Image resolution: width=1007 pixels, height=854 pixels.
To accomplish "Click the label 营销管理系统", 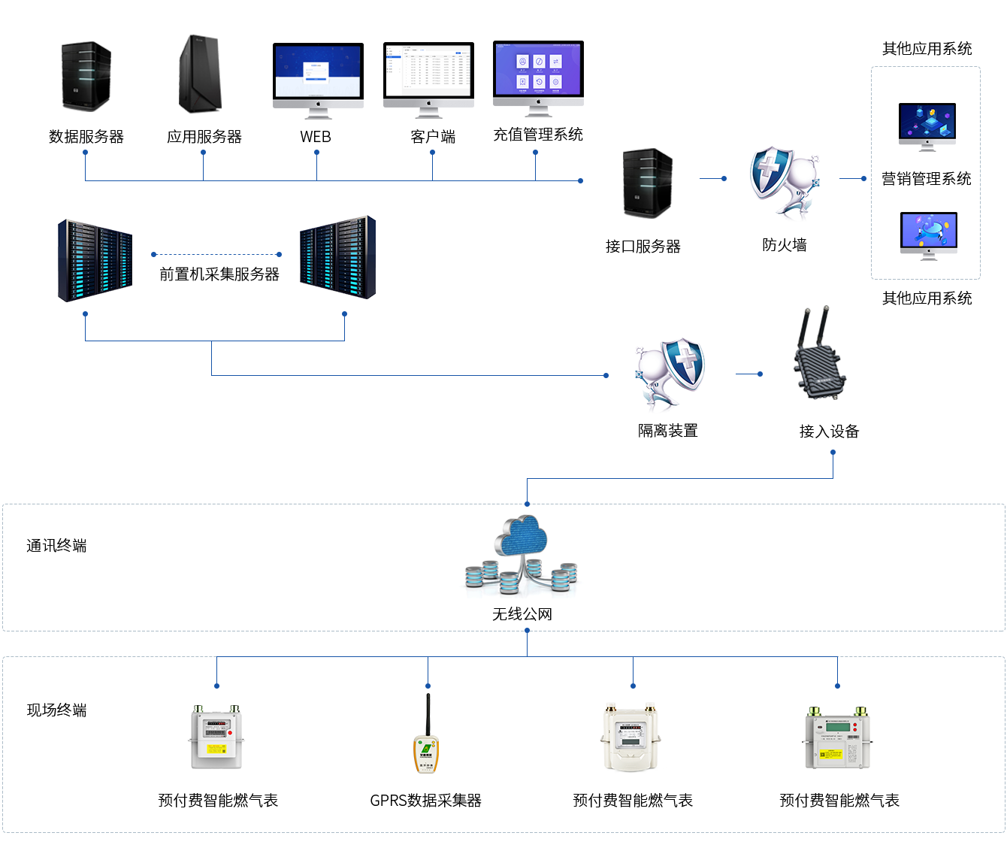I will pos(926,179).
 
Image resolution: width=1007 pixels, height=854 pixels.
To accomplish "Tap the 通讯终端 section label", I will pos(56,546).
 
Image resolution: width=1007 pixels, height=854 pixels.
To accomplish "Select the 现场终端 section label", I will pos(56,710).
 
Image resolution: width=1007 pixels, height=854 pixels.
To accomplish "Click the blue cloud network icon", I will pos(522,556).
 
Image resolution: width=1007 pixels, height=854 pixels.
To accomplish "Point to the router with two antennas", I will pos(820,353).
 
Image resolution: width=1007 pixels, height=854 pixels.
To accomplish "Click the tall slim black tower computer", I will pos(200,74).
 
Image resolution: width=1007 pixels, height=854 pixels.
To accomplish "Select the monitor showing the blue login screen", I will pos(318,80).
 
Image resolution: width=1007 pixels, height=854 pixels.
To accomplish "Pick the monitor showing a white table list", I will pos(428,80).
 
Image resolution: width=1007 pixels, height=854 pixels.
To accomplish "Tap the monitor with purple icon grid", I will pos(538,78).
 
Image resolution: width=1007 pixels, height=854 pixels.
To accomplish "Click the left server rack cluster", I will pos(95,261).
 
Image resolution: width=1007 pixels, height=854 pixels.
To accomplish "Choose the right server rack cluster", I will pos(337,258).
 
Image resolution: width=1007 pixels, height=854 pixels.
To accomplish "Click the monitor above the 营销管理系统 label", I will pos(927,127).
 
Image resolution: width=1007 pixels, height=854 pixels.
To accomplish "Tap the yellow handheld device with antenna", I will pos(426,734).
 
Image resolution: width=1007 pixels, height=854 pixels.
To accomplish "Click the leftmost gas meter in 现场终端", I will pos(216,737).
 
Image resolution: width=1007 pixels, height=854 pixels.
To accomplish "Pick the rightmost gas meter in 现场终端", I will pos(837,737).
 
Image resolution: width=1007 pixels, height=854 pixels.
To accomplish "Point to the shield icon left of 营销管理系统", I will pos(784,183).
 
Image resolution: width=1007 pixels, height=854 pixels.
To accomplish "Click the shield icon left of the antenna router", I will pos(670,374).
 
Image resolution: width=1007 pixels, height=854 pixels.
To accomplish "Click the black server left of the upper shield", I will pos(647,183).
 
